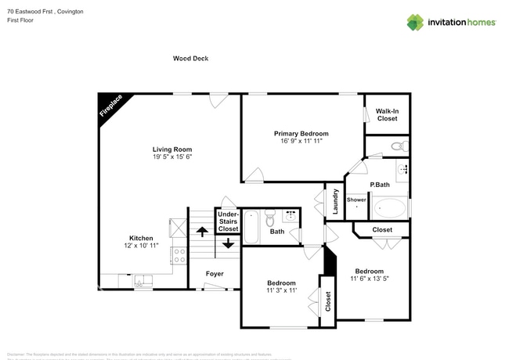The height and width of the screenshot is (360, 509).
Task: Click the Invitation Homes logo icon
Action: coord(415,23)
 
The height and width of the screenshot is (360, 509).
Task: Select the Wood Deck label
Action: coord(190,59)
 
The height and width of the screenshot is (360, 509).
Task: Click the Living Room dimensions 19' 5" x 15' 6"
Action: coord(171,157)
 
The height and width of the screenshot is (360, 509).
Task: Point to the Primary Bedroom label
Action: coord(301,134)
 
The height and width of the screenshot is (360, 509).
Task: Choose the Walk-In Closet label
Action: coord(387,115)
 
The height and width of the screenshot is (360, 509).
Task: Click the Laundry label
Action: coord(334,201)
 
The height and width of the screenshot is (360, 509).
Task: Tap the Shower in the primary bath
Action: coord(356,201)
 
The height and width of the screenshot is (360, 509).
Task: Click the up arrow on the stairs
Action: coord(201,231)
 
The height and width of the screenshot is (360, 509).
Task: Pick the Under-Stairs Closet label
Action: coord(228,221)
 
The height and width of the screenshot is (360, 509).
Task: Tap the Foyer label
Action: coord(215,274)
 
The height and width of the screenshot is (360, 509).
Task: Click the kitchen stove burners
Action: coord(179,255)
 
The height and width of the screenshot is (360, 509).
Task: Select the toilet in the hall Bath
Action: coord(271,216)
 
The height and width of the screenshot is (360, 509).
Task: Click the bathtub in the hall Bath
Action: coord(252,227)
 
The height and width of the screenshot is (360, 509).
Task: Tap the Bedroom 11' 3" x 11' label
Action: coord(280,287)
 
